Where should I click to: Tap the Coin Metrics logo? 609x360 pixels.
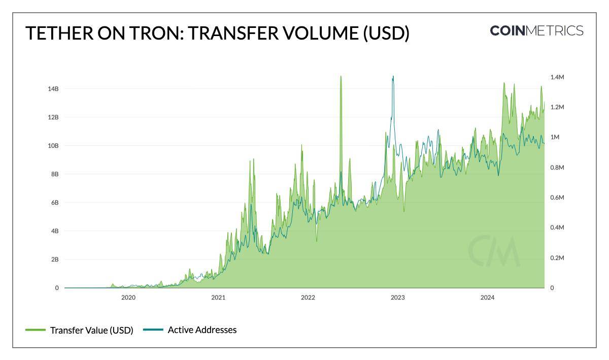click(x=536, y=30)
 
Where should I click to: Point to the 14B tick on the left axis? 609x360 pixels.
click(x=53, y=89)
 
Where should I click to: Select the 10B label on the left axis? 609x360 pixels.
click(x=53, y=146)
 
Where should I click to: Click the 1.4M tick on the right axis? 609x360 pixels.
click(x=557, y=77)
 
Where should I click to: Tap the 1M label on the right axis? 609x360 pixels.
click(x=554, y=137)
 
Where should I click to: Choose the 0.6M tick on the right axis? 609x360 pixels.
click(x=557, y=198)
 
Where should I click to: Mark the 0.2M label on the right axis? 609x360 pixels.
click(x=557, y=258)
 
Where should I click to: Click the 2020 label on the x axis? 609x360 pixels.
click(x=128, y=298)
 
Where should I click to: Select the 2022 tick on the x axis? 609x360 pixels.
click(x=308, y=298)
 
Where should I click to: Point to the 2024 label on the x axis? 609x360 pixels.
click(x=487, y=298)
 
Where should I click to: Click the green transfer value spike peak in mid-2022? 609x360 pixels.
click(x=341, y=77)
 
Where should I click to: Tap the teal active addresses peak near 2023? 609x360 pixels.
click(x=393, y=77)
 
